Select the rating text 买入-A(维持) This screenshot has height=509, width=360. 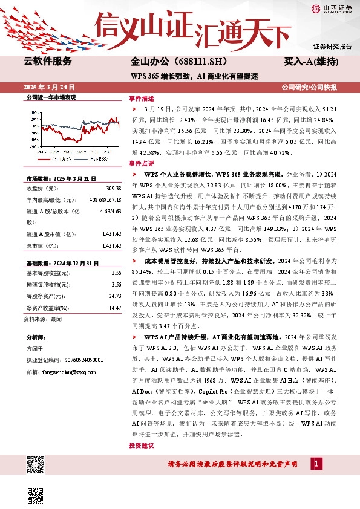310,62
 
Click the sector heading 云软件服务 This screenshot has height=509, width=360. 47,62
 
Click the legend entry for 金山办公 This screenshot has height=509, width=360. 55,159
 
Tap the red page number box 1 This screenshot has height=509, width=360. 315,464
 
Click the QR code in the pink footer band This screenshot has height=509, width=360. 36,465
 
